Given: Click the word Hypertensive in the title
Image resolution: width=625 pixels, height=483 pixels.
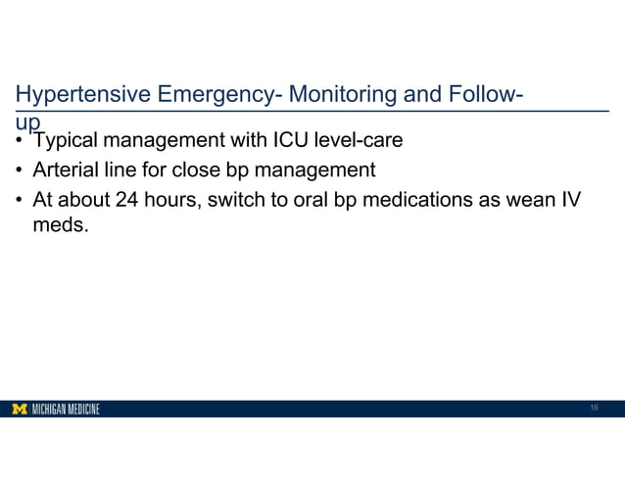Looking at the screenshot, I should coord(76,96).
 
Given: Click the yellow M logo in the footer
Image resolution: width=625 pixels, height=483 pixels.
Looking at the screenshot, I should coord(19,409).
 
